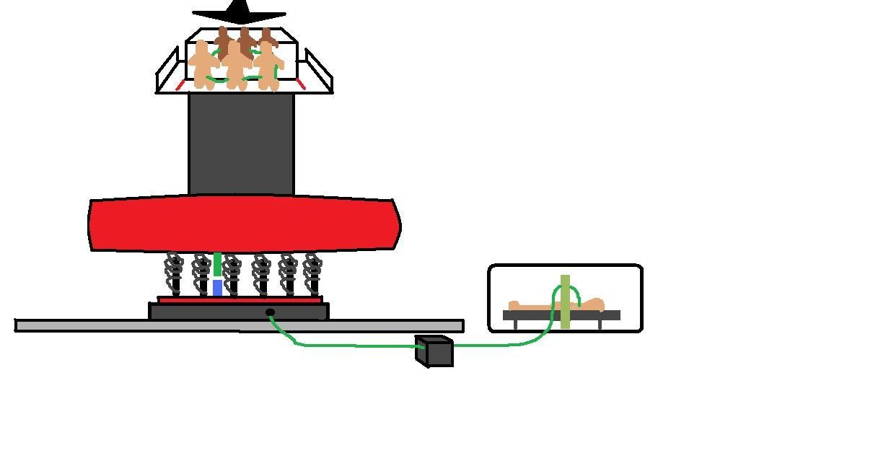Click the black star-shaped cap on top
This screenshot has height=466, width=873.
(x=239, y=12)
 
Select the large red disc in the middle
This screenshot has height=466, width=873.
(x=244, y=224)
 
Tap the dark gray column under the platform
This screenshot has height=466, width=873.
(x=241, y=144)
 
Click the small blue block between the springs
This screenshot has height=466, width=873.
(x=217, y=288)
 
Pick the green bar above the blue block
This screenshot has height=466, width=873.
(x=217, y=265)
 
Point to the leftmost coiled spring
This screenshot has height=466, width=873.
(x=174, y=273)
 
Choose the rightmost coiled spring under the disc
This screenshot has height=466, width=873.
(x=312, y=273)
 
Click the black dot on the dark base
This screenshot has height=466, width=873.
(x=270, y=312)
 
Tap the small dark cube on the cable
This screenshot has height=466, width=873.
(x=434, y=351)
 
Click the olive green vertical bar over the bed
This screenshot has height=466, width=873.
(x=565, y=302)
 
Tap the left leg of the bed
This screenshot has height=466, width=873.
(x=515, y=324)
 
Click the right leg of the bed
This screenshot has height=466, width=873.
(x=599, y=324)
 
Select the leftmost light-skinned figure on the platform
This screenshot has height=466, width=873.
(x=203, y=64)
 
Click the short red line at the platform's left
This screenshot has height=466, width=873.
(x=180, y=85)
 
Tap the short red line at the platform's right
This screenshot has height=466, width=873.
(x=301, y=84)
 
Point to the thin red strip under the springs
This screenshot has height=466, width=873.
(x=240, y=299)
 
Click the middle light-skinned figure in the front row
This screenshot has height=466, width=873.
(x=235, y=66)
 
